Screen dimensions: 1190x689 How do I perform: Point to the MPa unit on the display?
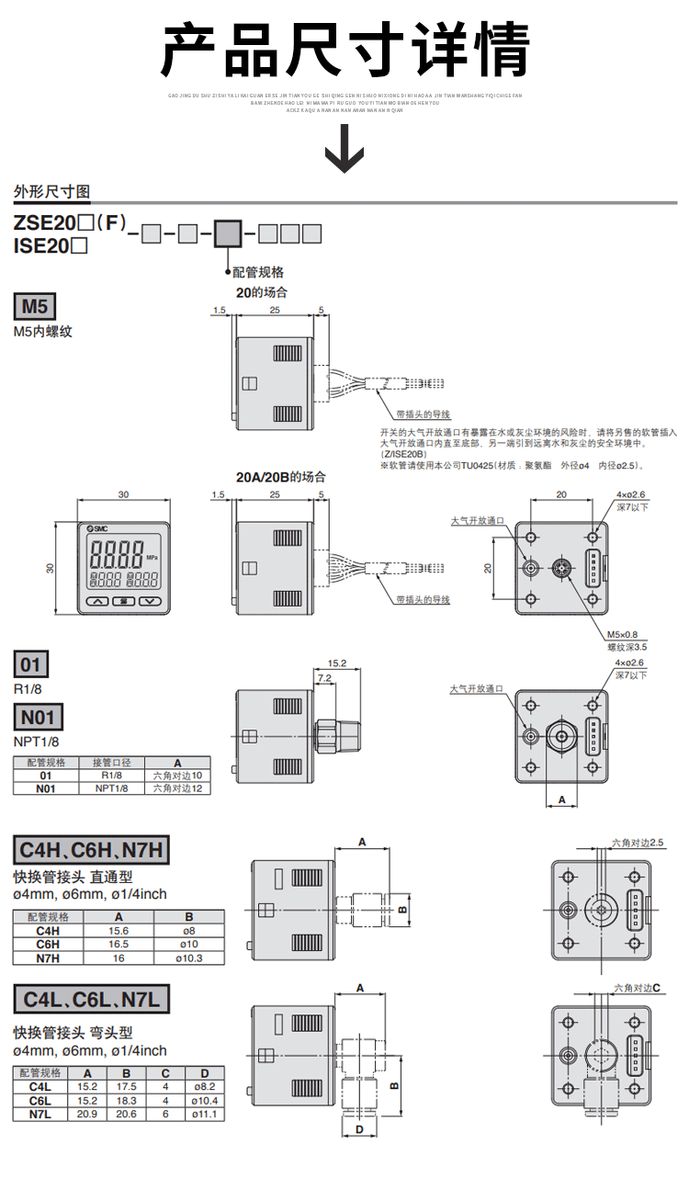[x=151, y=556]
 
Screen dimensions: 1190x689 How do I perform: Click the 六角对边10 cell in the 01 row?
[x=177, y=776]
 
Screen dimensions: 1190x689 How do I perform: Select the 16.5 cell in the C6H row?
[x=119, y=944]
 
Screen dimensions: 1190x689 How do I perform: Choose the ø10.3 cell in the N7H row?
[x=188, y=958]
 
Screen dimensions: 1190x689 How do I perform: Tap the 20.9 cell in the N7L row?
[x=87, y=1114]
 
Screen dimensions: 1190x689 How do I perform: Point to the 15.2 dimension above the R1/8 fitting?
[x=336, y=662]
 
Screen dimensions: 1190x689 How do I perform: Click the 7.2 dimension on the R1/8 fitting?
[x=324, y=677]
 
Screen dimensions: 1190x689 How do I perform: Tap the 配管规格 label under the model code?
[x=258, y=272]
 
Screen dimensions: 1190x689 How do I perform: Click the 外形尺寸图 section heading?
[x=51, y=192]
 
